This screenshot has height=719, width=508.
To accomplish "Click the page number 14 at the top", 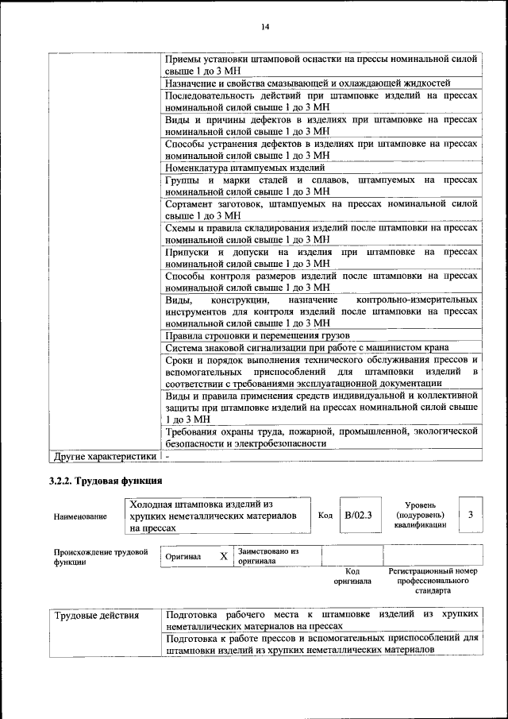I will pos(266,28).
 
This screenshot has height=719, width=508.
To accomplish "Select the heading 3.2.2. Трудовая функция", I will pos(106,481).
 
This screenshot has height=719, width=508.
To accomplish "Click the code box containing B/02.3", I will pos(358,515).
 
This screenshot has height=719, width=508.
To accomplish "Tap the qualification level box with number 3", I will pos(471,515).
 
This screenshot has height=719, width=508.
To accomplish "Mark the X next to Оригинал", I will pos(224,556).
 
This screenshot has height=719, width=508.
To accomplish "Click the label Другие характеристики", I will pos(104,457).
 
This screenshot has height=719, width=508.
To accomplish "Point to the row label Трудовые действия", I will pos(96,615).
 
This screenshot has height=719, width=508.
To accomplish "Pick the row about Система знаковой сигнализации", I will pos(307,347).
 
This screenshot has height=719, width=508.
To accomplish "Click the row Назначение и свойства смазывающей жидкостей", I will pos(308,83).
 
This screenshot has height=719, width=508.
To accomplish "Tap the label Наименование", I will pos(80,516).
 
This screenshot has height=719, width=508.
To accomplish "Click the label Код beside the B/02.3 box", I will pos(325,515).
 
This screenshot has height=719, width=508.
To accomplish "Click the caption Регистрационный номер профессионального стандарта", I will pos(433,581).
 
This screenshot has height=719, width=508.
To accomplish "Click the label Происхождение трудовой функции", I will pos(101,556).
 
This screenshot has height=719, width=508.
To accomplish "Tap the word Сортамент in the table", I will pos(191,203).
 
